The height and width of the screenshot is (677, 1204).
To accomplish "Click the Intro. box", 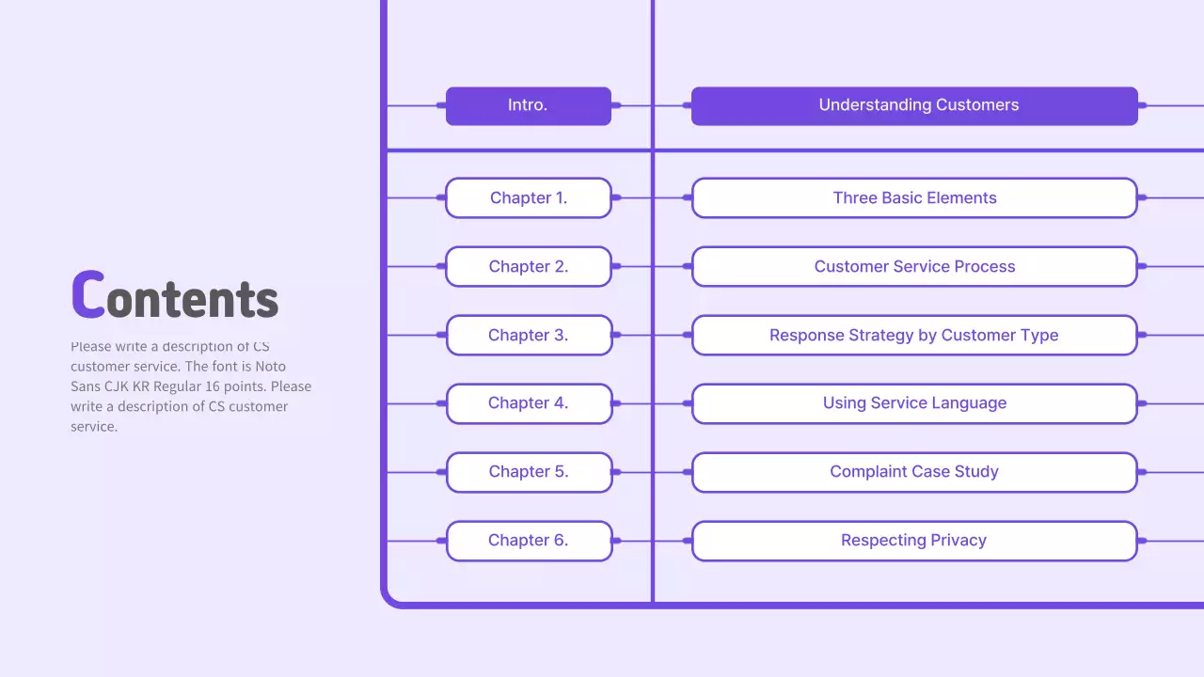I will (x=528, y=105).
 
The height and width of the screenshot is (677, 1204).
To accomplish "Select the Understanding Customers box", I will (x=914, y=105).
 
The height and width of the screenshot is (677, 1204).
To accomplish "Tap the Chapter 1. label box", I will (x=528, y=197).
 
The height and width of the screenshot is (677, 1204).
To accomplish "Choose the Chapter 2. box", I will (x=528, y=266).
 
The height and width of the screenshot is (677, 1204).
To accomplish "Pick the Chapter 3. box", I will (x=528, y=335).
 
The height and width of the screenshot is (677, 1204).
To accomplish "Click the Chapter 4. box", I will (x=528, y=403).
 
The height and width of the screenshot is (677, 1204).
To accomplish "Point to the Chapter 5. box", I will (x=528, y=472).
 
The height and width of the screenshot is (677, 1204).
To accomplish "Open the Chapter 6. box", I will (x=528, y=541).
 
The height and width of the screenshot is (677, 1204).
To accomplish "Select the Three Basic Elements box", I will (x=914, y=197).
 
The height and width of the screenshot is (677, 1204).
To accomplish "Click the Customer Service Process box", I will (x=914, y=266).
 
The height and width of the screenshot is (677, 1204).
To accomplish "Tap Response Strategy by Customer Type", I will (x=914, y=335).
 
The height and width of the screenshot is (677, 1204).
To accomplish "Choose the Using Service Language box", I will (x=914, y=403).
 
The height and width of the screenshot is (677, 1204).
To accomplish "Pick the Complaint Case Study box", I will (x=914, y=472).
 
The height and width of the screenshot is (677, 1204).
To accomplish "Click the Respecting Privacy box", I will (x=914, y=541).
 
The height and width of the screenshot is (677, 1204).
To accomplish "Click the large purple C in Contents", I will (x=87, y=294).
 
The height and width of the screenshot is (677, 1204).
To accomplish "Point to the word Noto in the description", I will (x=271, y=367).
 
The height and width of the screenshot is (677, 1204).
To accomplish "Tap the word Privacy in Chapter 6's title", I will (x=958, y=541).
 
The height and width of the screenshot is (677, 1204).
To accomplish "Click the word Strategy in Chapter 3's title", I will (x=877, y=336).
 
